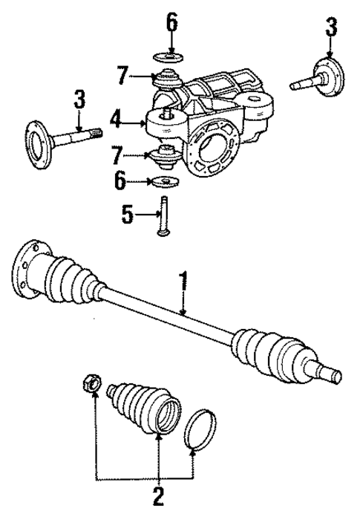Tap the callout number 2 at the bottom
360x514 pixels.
[157, 493]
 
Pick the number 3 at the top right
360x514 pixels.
[330, 29]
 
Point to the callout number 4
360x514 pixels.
[115, 120]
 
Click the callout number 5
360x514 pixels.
[126, 215]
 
